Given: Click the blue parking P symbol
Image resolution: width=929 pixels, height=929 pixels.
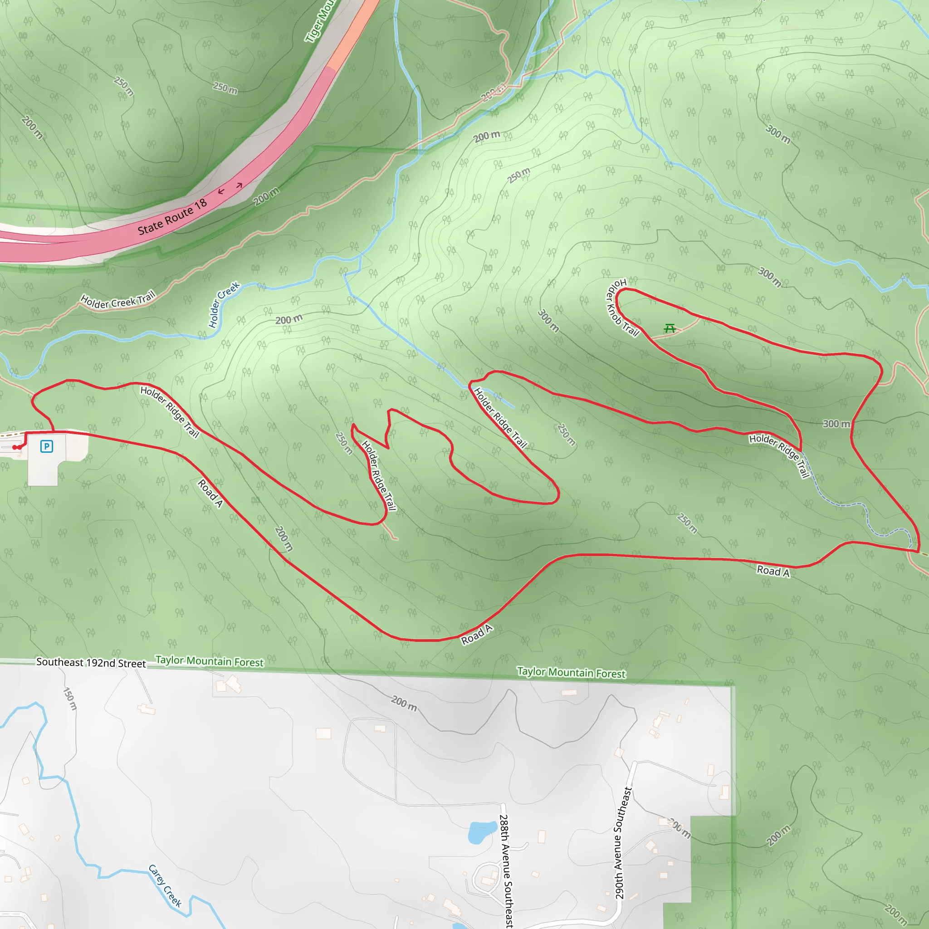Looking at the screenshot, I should pos(47,446).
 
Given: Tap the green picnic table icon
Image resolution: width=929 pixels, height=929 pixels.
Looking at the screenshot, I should pos(670,328).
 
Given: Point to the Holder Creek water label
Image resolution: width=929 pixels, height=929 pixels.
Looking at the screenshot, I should pos(224,305).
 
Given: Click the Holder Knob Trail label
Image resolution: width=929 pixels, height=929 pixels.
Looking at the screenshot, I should pos(621,308).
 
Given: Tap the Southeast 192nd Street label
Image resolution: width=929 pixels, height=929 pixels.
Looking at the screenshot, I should pos(91,663).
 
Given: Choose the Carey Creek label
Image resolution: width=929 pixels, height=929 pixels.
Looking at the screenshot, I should pos(165,886).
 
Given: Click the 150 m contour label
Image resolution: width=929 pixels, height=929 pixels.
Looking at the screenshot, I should pos(70,699).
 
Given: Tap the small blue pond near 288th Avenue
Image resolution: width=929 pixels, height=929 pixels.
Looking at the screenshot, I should pos(482,832).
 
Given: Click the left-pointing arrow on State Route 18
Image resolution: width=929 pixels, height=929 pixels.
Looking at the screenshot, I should pos(221,191).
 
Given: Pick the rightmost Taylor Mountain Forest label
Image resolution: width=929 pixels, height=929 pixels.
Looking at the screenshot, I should pos(571,673).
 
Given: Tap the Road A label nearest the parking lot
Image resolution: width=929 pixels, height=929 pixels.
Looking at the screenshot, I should pos(210,494).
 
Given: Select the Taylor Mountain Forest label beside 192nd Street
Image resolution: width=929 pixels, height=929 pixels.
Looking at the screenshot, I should pos(210,661).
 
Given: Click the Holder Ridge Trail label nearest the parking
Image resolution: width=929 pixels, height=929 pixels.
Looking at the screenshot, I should pos(170,411).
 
